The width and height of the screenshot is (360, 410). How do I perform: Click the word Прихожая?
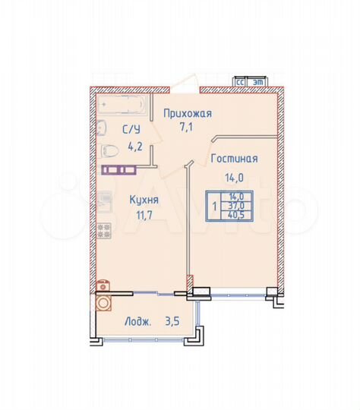(x=188, y=113)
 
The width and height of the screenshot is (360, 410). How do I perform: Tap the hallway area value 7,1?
(x=188, y=127)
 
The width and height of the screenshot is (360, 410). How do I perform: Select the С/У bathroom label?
(x=130, y=129)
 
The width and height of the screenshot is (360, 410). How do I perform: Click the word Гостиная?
(x=235, y=159)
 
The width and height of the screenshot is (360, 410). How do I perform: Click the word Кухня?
(x=144, y=200)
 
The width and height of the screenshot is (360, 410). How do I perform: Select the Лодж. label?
(x=137, y=321)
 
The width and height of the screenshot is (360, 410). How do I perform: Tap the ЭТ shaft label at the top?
(x=257, y=80)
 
